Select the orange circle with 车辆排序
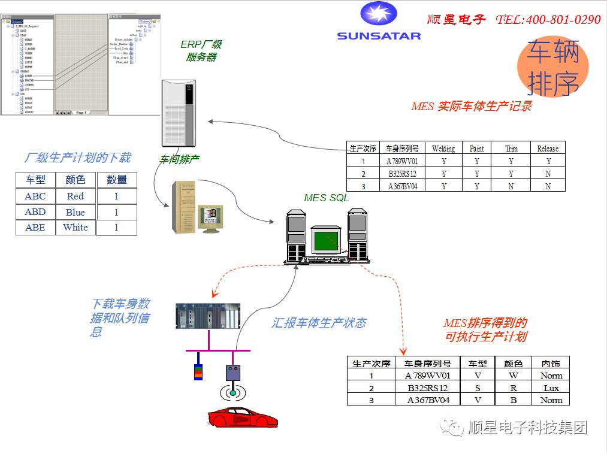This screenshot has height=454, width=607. coord(552,67)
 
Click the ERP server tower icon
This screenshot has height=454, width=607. coord(179,113)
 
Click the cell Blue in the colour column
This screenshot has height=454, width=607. coord(76,212)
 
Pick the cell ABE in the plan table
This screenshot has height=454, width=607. coord(35,228)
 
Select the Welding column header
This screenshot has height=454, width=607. coord(443,149)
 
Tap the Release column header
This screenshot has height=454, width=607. coord(548,149)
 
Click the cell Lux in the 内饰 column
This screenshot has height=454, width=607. coord(551,388)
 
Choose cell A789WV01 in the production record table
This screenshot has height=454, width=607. coord(402,161)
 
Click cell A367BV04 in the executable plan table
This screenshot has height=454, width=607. coord(428,400)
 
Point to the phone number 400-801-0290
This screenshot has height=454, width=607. coord(563,20)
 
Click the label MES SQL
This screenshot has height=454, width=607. coord(326,198)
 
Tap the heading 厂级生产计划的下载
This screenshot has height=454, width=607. coord(77,158)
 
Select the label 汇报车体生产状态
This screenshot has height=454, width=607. coord(319,323)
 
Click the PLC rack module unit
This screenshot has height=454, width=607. coord(208,316)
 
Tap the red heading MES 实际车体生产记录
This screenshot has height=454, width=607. coord(471,107)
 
